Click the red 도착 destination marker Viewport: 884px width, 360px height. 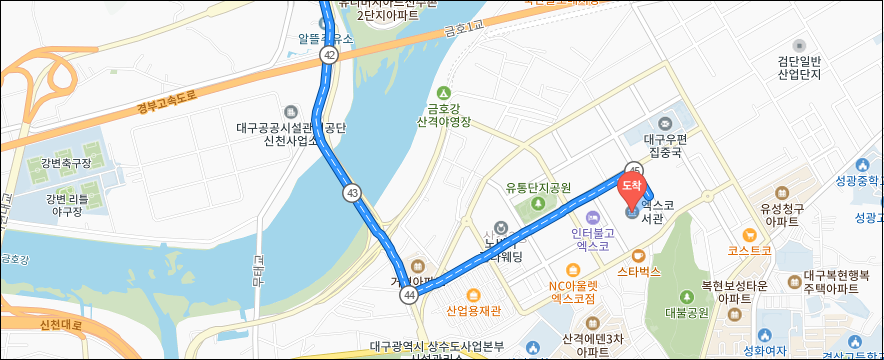(632, 186)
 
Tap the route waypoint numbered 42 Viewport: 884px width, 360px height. (329, 55)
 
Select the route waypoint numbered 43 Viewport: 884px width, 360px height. (351, 191)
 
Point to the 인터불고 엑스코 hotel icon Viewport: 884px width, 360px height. (591, 218)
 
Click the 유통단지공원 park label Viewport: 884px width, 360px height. (537, 187)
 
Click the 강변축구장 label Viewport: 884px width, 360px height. (66, 162)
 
